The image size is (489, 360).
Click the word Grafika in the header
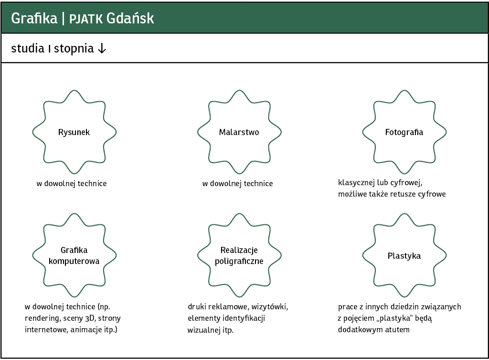(34, 18)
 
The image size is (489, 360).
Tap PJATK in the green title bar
(86, 19)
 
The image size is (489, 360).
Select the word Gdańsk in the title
(130, 18)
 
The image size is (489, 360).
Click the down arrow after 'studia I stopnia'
(102, 49)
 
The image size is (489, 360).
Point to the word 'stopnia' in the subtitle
(74, 49)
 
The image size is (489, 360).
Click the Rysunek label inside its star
(74, 132)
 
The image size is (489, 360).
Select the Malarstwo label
(239, 132)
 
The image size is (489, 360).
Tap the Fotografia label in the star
(404, 132)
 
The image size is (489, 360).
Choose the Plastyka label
(404, 256)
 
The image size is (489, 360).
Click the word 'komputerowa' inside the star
(74, 261)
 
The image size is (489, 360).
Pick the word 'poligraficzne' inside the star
(239, 261)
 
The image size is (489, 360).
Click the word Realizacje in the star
(239, 250)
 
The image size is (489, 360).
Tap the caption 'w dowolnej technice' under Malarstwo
(238, 184)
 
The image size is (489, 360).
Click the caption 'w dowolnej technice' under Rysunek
(72, 184)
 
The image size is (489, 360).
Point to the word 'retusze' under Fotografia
(401, 194)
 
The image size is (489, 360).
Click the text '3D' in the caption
(90, 318)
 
